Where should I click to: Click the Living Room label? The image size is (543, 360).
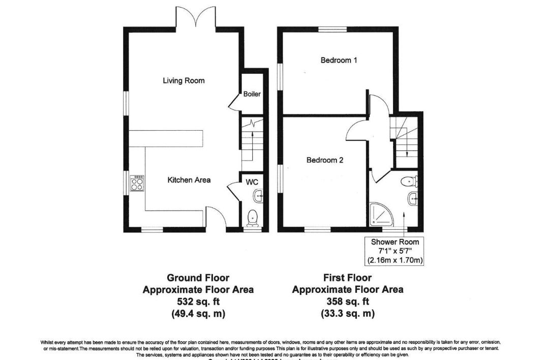click(x=184, y=80)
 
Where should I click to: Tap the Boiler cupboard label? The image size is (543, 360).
click(x=252, y=94)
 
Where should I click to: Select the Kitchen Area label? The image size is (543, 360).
click(x=189, y=180)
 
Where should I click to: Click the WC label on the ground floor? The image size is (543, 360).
click(x=252, y=182)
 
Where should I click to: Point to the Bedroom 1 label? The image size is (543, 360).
click(x=339, y=60)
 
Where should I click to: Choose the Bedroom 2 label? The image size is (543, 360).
click(x=325, y=160)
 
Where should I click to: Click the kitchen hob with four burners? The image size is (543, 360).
click(x=138, y=183)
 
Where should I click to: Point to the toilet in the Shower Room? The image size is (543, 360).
click(x=409, y=181)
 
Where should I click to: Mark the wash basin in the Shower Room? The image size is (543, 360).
click(x=412, y=199)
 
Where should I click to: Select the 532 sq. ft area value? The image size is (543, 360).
click(x=198, y=302)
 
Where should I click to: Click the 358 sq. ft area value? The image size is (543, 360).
click(x=348, y=302)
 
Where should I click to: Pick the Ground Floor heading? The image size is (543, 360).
click(x=198, y=278)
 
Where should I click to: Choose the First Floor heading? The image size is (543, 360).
click(x=348, y=278)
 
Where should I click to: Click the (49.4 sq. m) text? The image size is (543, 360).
click(x=198, y=314)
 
